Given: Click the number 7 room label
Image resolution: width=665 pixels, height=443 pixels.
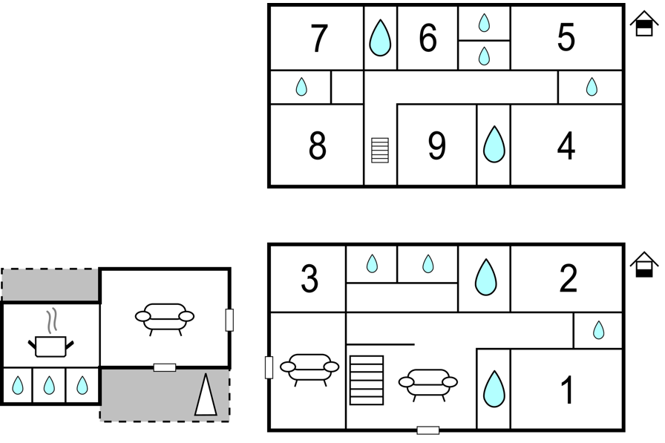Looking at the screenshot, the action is [319, 38].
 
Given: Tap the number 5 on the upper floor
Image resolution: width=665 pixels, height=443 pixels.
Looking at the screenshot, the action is [566, 37].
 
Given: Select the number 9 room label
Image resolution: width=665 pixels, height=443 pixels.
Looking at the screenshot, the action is [437, 146].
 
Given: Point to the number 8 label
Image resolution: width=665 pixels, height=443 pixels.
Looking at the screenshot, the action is [318, 146].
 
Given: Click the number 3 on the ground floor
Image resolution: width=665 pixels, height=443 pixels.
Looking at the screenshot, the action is [309, 278].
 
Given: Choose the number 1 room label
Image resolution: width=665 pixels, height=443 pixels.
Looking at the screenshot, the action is [567, 390].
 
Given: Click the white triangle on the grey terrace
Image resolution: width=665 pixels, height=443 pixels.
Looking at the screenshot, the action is [206, 394].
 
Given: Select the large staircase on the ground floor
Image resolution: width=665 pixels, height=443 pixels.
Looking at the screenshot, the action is [367, 380].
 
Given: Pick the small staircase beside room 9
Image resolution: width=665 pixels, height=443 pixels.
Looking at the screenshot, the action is [379, 150].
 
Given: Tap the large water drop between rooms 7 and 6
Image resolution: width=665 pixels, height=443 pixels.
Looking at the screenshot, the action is [380, 38].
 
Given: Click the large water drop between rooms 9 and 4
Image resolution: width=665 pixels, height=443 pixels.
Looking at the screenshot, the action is [494, 144].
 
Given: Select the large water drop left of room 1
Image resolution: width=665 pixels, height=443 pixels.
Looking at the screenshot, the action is [494, 389].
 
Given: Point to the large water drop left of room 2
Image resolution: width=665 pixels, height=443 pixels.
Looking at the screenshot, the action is [485, 278].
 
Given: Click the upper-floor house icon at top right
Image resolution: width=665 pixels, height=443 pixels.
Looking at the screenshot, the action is [643, 24].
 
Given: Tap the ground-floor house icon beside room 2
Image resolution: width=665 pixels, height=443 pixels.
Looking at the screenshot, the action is [643, 264].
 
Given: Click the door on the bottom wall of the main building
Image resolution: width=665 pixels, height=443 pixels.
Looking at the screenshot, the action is [428, 430].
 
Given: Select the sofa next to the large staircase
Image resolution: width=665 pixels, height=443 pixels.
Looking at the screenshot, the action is [428, 384].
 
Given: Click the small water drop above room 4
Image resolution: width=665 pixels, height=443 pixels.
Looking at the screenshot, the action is [592, 87].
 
